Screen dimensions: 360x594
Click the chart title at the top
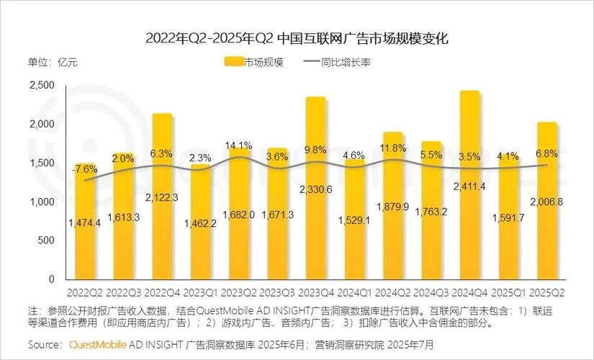pos(297,38)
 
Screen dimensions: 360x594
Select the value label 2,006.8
pos(546,202)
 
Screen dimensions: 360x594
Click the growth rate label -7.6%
pos(85,170)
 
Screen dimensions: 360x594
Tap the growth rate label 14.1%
pos(239,145)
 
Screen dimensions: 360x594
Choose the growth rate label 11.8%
pos(393,148)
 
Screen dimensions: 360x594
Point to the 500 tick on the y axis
pos(47,240)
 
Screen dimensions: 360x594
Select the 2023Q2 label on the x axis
pos(239,292)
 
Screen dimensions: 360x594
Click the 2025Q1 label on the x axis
pos(508,292)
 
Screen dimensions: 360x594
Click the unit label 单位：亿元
pos(53,62)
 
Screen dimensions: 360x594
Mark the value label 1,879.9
pos(393,207)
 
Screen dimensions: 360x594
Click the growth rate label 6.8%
pos(546,153)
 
